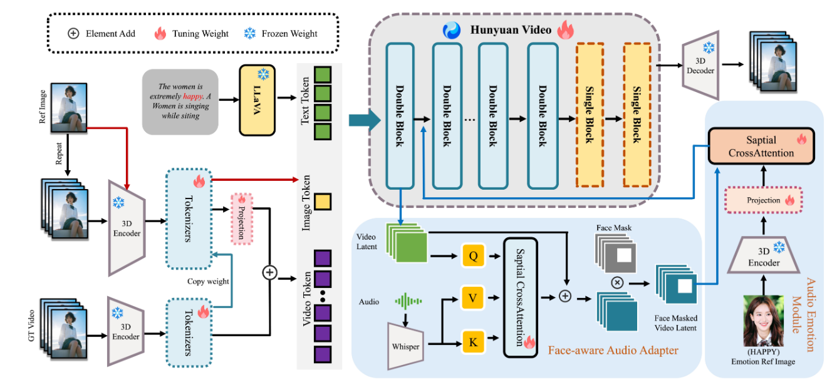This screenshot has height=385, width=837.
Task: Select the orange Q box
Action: pos(473,255)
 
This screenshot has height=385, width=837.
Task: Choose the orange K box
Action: pos(473,342)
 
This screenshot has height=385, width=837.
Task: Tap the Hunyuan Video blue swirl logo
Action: pos(451,29)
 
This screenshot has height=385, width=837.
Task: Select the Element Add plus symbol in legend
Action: pos(73,33)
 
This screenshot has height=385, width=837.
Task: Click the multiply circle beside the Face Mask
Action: pos(617,283)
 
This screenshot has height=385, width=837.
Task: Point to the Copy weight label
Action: pos(209,282)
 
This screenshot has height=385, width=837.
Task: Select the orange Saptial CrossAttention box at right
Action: pos(760,146)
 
